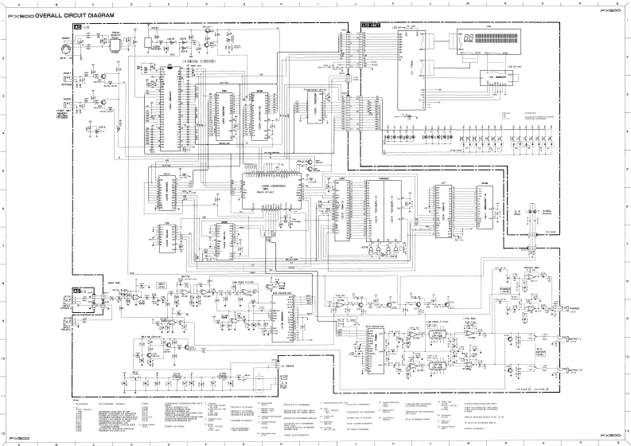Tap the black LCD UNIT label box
click(372, 25)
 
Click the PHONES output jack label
click(571, 307)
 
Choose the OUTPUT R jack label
click(572, 370)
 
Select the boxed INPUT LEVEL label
click(163, 284)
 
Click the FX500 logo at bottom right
click(610, 435)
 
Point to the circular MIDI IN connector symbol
click(67, 49)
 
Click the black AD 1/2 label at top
click(78, 27)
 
